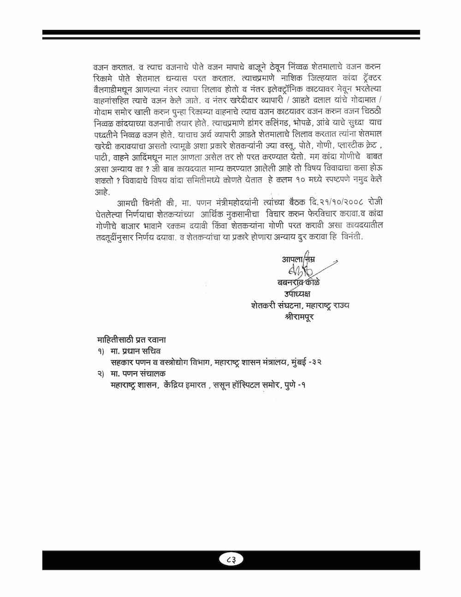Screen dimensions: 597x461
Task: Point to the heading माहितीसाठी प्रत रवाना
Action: pyautogui.click(x=131, y=340)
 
